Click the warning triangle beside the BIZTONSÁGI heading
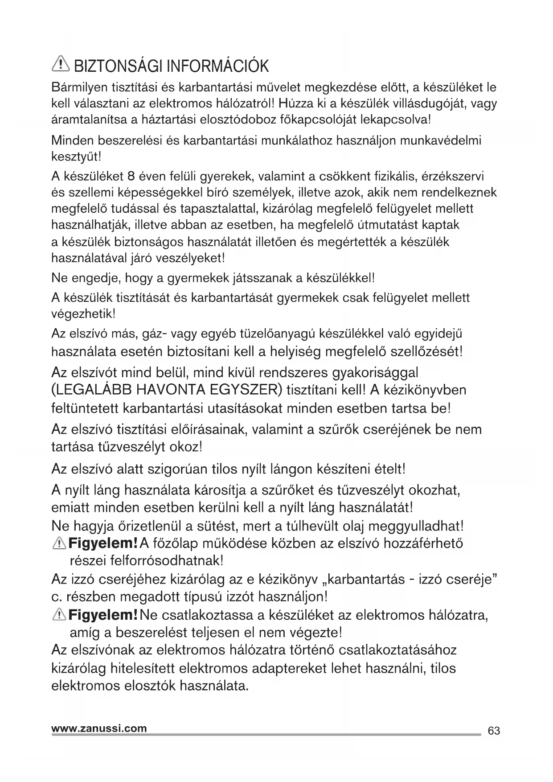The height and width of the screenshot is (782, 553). point(60,66)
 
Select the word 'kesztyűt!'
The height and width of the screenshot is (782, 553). point(77,157)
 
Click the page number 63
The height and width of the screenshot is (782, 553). point(494,731)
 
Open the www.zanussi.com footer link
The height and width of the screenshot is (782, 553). point(99,728)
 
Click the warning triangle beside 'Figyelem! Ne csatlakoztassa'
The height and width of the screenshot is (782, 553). point(59,615)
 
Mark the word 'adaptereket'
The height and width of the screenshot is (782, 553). point(291,668)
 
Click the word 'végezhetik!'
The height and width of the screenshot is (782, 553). point(83,313)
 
